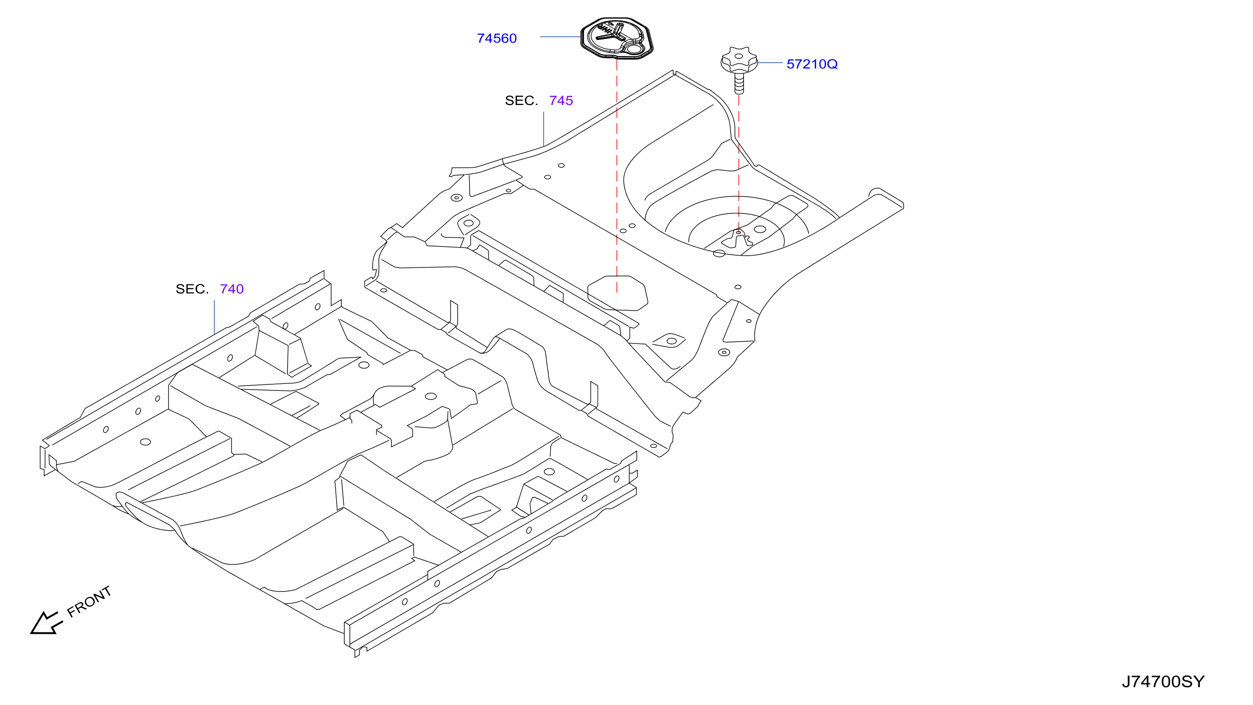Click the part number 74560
tap(497, 38)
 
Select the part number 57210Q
tap(812, 64)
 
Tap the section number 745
tap(561, 101)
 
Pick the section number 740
tap(232, 289)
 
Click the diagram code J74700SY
tap(1163, 682)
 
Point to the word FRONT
tap(89, 602)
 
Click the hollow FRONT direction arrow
tap(46, 623)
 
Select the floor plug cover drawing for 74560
tap(617, 38)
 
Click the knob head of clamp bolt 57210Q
tap(739, 60)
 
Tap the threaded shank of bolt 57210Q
tap(739, 83)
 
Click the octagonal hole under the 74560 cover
tap(617, 293)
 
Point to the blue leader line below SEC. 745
tap(544, 129)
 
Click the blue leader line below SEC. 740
tap(215, 317)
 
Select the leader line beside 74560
tap(560, 37)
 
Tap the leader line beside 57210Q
tap(770, 63)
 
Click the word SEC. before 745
tap(521, 101)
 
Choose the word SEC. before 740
tap(192, 289)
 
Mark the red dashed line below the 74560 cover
tap(617, 176)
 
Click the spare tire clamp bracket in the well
tap(737, 239)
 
